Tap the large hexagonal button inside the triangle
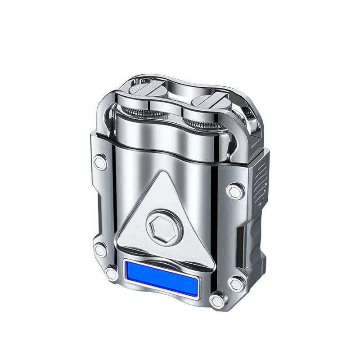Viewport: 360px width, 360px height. [164, 226]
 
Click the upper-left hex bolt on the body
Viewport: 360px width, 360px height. [100, 162]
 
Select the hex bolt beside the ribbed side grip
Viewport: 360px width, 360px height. [235, 191]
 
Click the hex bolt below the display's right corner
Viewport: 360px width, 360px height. [218, 300]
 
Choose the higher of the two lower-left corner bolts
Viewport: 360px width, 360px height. [100, 250]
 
